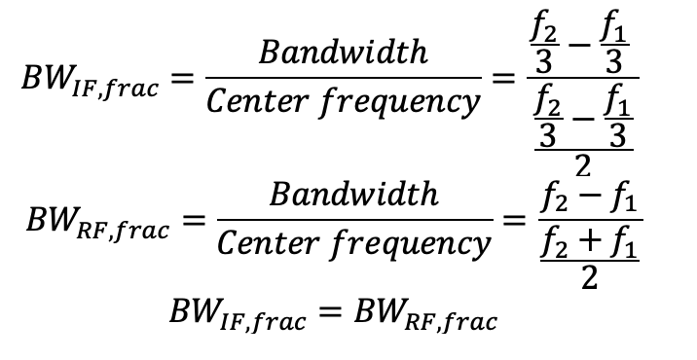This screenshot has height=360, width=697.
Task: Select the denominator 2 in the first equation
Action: point(583,167)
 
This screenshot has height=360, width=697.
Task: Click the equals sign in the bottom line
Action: point(332,312)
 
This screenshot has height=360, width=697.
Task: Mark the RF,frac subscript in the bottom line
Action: point(450,322)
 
